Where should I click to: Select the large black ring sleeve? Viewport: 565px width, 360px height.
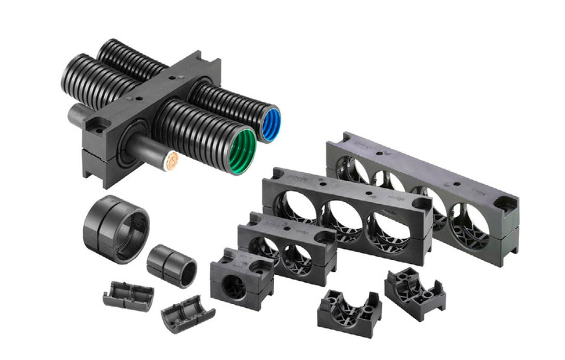116,227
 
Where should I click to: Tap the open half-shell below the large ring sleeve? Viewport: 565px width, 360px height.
129,293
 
